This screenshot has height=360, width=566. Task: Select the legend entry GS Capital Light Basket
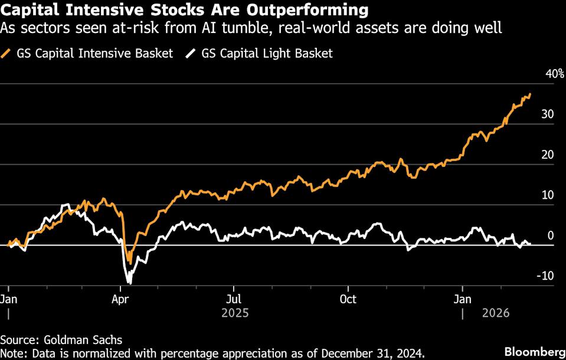click(x=267, y=54)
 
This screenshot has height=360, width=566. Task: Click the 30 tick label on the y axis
click(x=547, y=114)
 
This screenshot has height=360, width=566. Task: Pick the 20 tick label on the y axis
click(x=547, y=155)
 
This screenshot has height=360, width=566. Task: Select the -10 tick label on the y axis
click(x=545, y=276)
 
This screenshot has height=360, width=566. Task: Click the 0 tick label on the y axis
click(x=551, y=235)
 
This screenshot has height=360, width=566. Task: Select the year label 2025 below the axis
click(x=235, y=312)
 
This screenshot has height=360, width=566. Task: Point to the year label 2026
click(x=497, y=312)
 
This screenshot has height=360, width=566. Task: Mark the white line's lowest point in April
click(x=128, y=283)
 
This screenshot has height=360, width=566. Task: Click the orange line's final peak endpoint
click(x=530, y=94)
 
